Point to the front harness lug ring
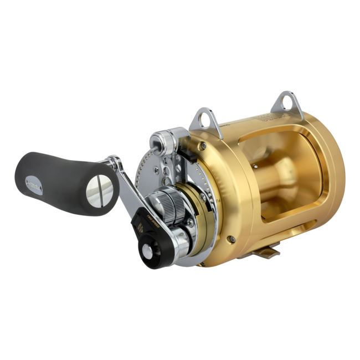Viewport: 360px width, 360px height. coord(201,118)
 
